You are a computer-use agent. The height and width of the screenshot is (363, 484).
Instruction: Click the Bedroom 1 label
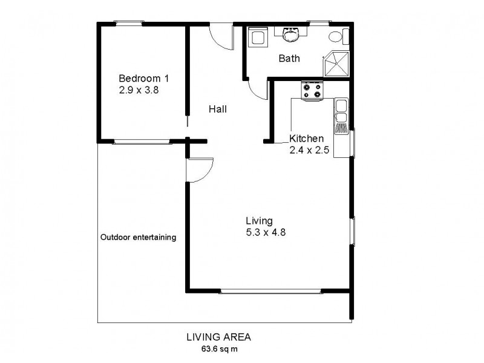pyautogui.click(x=143, y=78)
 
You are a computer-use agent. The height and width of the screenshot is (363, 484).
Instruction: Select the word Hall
pyautogui.click(x=218, y=110)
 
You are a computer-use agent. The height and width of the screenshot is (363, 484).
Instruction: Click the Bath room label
pyautogui.click(x=289, y=59)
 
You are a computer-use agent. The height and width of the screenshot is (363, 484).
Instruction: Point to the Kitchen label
pyautogui.click(x=310, y=139)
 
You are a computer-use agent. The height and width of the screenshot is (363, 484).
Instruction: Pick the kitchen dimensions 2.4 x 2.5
pyautogui.click(x=309, y=151)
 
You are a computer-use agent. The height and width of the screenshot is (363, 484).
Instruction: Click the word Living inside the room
pyautogui.click(x=259, y=220)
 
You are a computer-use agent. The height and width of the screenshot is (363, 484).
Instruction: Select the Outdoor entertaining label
pyautogui.click(x=138, y=237)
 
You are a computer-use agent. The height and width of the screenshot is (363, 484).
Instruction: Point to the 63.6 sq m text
pyautogui.click(x=220, y=348)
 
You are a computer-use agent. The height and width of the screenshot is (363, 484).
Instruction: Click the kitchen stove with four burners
pyautogui.click(x=312, y=91)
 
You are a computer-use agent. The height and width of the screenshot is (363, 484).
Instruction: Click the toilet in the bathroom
pyautogui.click(x=337, y=36)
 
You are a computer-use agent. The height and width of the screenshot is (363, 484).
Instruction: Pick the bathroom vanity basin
pyautogui.click(x=292, y=35)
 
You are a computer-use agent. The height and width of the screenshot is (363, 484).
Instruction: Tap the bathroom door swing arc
pyautogui.click(x=258, y=91)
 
